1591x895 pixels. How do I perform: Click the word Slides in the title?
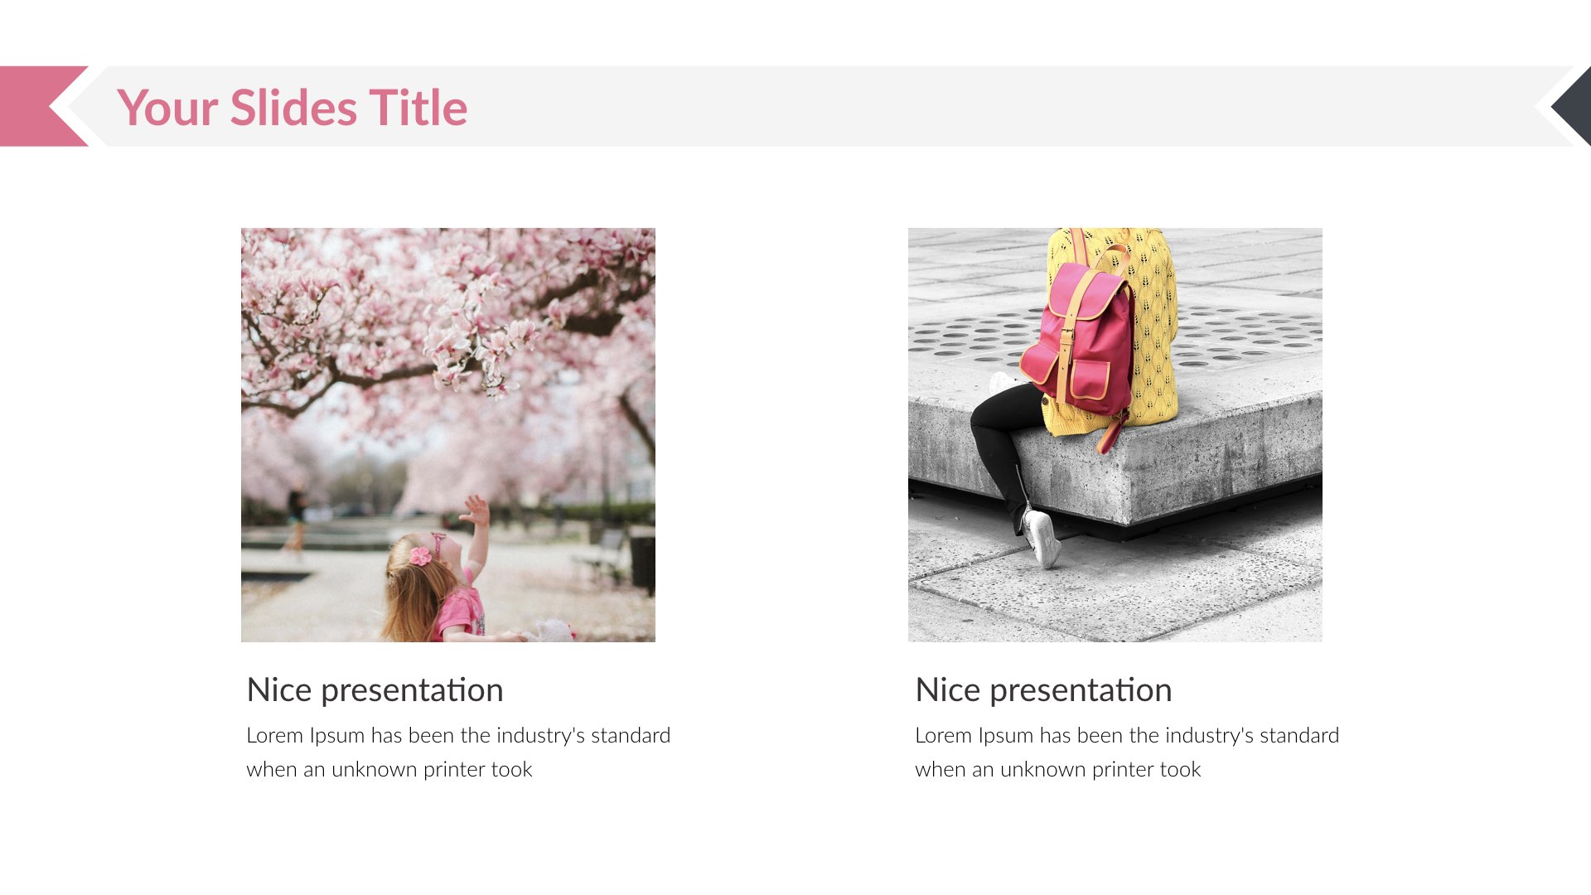[294, 108]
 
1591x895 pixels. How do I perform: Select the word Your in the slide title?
[167, 108]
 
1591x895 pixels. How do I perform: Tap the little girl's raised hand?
[476, 509]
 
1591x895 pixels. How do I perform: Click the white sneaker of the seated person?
[1042, 538]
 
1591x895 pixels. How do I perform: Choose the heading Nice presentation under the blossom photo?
[375, 689]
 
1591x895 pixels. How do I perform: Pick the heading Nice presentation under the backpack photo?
[1043, 689]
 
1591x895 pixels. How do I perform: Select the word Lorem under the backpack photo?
[943, 735]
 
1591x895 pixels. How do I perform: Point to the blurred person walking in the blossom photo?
[295, 518]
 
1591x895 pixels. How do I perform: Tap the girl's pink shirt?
[461, 613]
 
